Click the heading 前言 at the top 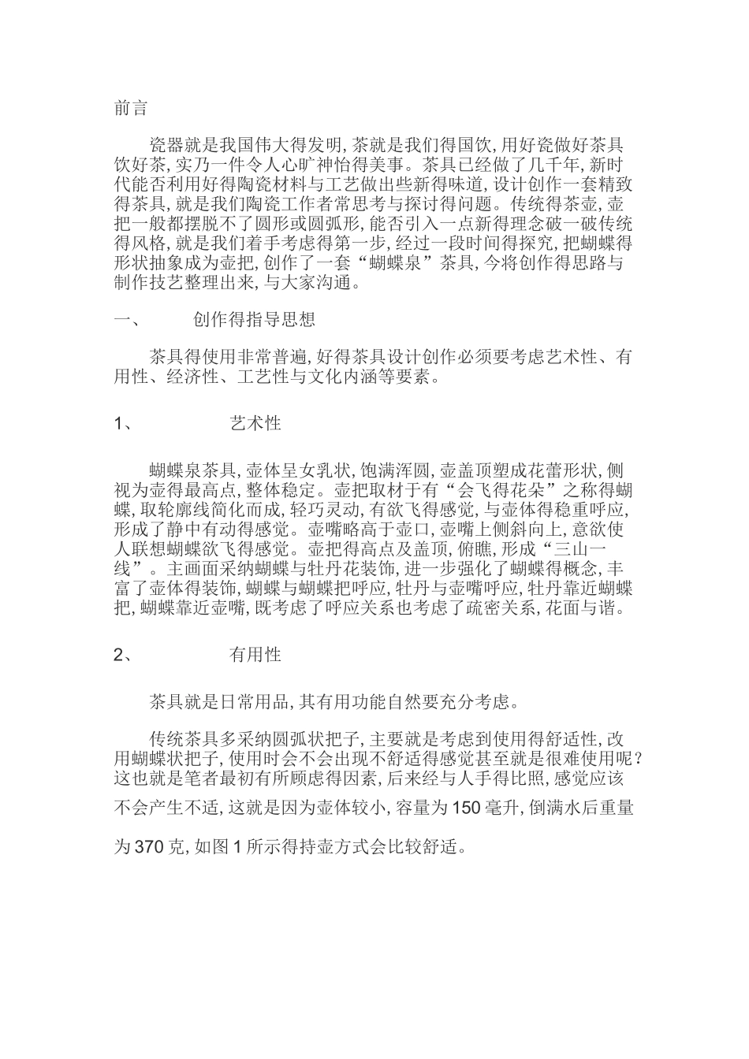[x=131, y=109]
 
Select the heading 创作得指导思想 [x=254, y=320]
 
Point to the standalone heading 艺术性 [x=255, y=424]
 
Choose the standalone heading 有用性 [x=255, y=655]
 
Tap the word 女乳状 [x=324, y=471]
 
